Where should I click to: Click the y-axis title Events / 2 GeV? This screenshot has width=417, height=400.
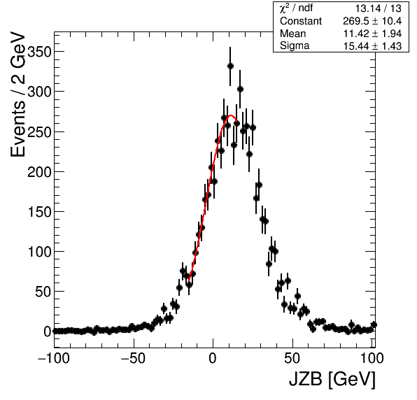(x=17, y=94)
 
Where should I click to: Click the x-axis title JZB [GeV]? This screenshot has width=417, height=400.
(x=332, y=379)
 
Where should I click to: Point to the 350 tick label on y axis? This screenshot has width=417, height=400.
(x=38, y=52)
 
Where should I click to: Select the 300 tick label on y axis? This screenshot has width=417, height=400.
(x=38, y=92)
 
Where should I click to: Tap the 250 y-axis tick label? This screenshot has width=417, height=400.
(x=38, y=132)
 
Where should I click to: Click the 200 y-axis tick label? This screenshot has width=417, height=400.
(x=38, y=172)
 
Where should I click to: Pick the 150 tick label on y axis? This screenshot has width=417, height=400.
(x=38, y=212)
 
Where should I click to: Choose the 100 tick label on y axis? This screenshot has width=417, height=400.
(x=38, y=252)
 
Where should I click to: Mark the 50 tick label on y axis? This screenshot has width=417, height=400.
(x=43, y=292)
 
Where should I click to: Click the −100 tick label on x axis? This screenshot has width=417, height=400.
(x=53, y=358)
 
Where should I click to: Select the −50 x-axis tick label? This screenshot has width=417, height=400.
(x=133, y=358)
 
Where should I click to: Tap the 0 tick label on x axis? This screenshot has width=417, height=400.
(x=213, y=358)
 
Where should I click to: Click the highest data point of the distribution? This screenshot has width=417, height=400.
(x=230, y=66)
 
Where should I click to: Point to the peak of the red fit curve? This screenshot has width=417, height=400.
(x=231, y=115)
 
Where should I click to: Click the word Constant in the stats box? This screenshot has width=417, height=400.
(x=301, y=21)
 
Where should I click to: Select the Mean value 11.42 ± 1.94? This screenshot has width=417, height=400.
(x=372, y=34)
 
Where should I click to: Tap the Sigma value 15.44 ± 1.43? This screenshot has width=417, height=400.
(x=372, y=46)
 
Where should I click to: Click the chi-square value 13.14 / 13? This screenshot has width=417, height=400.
(x=379, y=8)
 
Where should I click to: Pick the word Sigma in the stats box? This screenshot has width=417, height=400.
(x=295, y=46)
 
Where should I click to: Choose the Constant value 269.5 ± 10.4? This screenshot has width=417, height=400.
(x=372, y=21)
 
